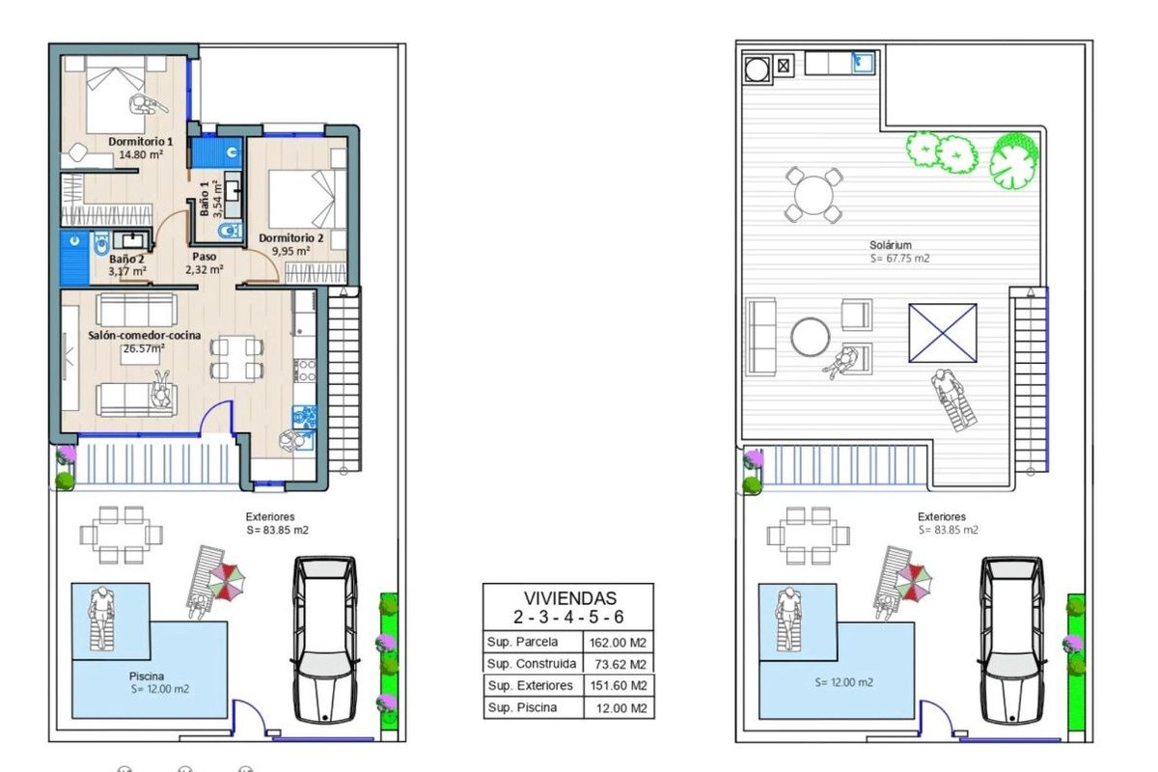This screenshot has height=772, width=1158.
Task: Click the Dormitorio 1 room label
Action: click(x=141, y=141)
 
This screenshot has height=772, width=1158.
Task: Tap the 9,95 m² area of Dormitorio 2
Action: click(x=291, y=251)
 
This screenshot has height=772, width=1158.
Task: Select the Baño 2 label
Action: click(x=126, y=259)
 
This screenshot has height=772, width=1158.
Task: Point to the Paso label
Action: click(x=205, y=257)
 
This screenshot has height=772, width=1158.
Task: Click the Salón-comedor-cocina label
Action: click(x=144, y=335)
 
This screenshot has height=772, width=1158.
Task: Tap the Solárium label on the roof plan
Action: click(x=890, y=245)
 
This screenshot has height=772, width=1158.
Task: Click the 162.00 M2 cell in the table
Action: click(x=618, y=643)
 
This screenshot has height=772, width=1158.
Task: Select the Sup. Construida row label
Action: click(x=532, y=663)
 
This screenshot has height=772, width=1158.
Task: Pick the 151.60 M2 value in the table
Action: click(x=619, y=686)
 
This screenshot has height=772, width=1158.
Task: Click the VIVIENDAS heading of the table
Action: click(x=570, y=598)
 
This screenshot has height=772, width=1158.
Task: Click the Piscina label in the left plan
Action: click(x=147, y=675)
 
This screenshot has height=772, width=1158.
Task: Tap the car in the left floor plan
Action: click(x=324, y=639)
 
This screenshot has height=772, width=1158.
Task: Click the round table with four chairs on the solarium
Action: click(x=813, y=195)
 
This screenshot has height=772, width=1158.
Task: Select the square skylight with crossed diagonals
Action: click(x=943, y=333)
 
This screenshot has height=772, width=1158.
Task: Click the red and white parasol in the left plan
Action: click(x=226, y=582)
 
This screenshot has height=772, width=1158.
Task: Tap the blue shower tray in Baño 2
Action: click(x=75, y=258)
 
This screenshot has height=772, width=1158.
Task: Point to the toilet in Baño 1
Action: click(x=230, y=231)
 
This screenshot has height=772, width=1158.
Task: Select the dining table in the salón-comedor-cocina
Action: click(x=236, y=359)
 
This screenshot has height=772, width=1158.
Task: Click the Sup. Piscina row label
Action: click(x=522, y=707)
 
